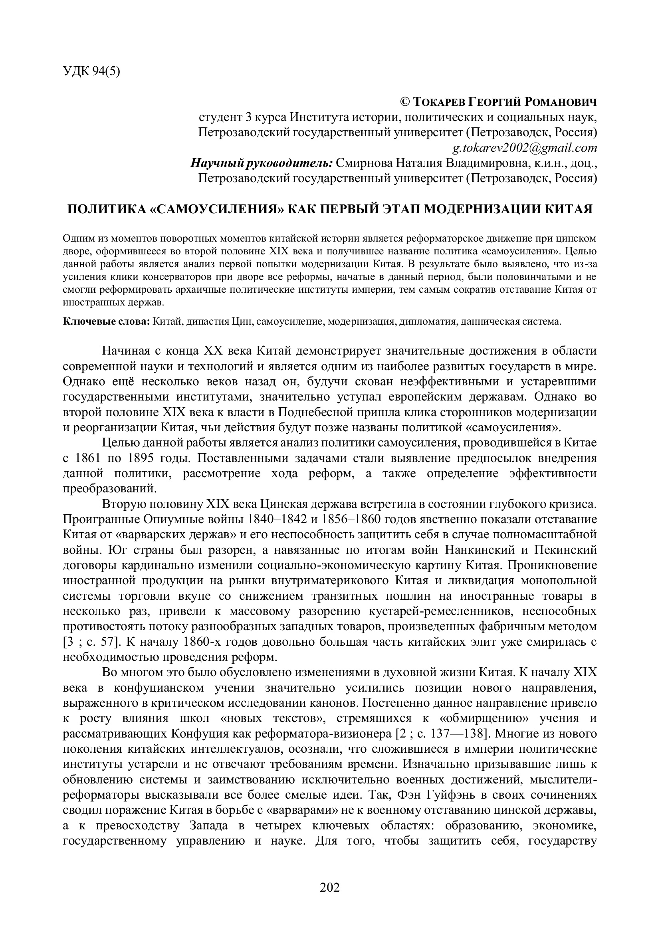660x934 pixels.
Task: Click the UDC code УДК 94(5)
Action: point(91,71)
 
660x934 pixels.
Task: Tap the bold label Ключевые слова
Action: point(107,321)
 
